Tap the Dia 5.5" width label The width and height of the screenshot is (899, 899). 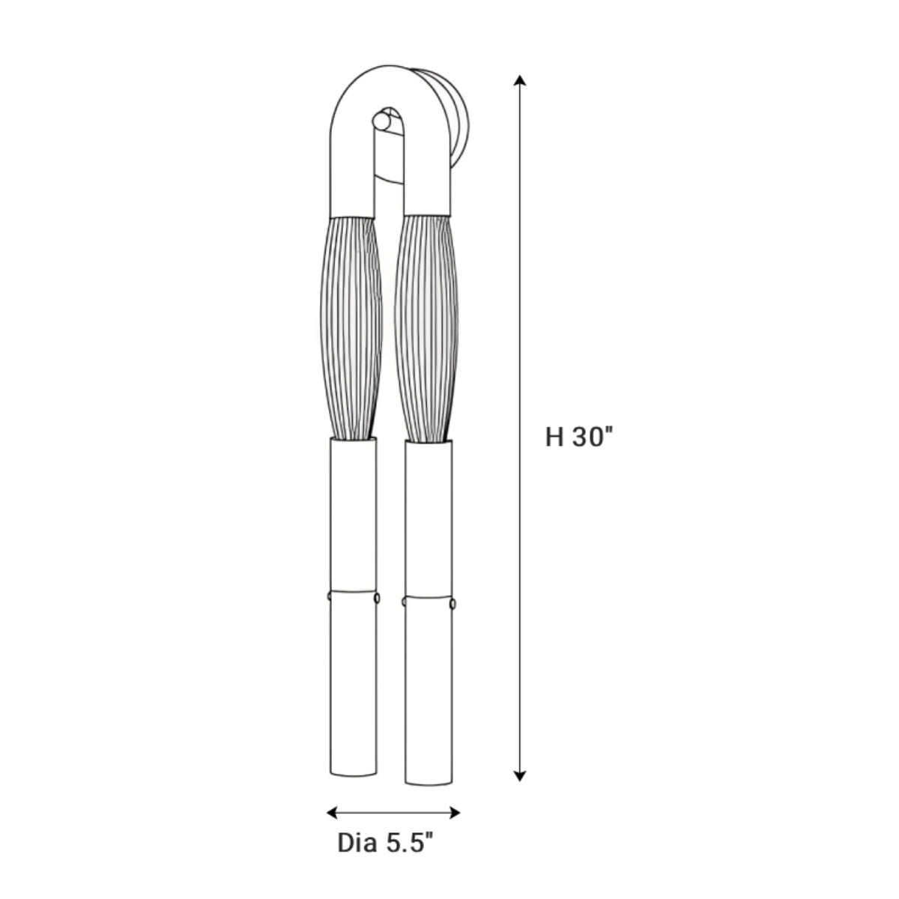coord(386,844)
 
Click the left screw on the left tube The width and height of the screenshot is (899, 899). coord(329,596)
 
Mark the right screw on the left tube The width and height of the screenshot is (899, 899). coord(377,597)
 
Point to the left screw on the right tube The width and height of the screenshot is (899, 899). coord(405,602)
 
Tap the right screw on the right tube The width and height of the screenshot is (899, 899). coord(452,603)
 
